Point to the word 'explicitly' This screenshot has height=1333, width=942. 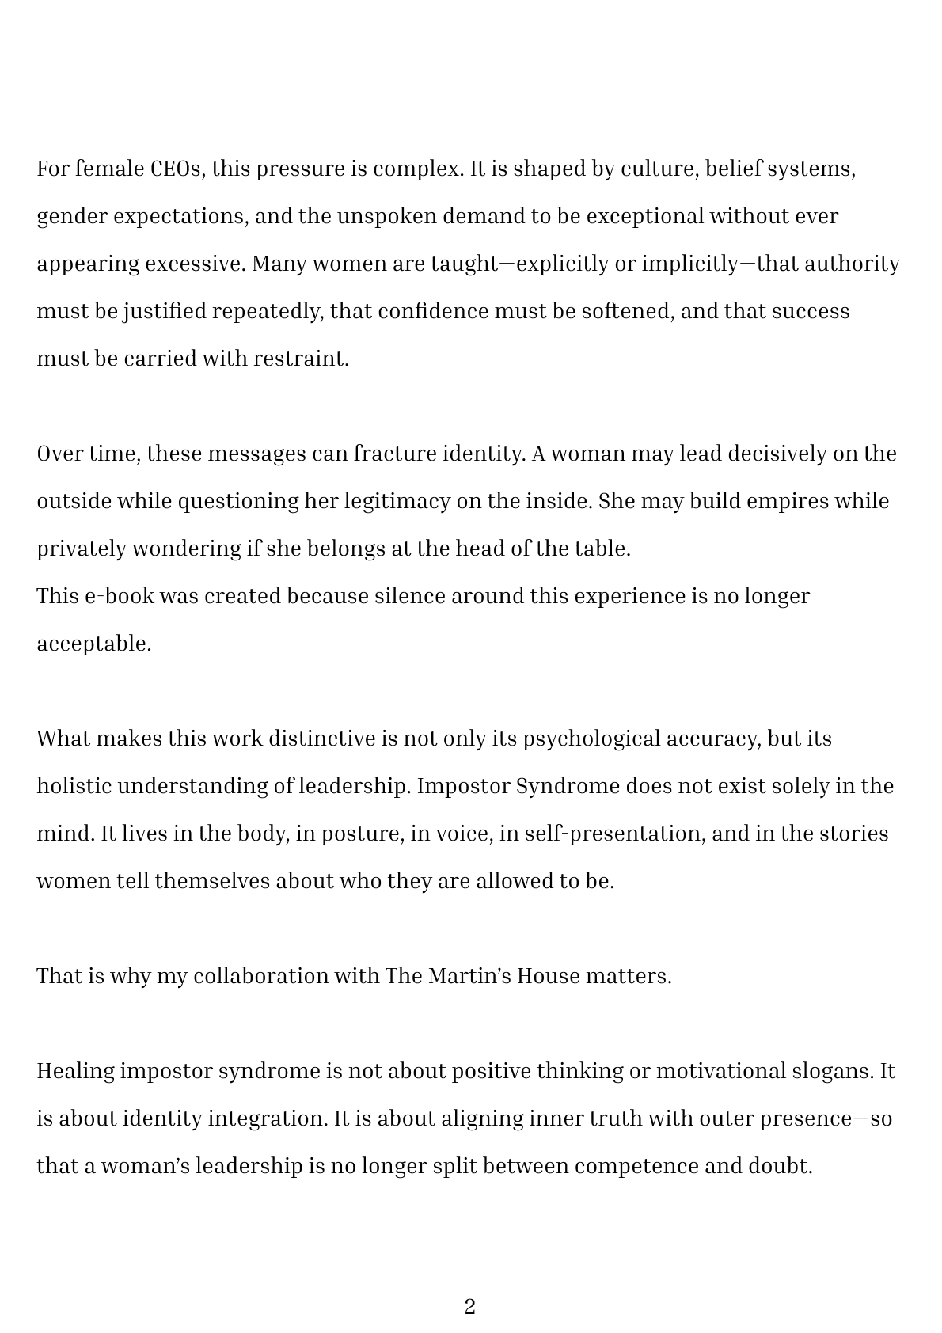563,264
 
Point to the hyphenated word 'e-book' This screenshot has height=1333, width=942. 119,596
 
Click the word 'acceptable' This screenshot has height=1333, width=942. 93,644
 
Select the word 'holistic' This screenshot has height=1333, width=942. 74,786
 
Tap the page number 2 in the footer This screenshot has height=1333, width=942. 470,1307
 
